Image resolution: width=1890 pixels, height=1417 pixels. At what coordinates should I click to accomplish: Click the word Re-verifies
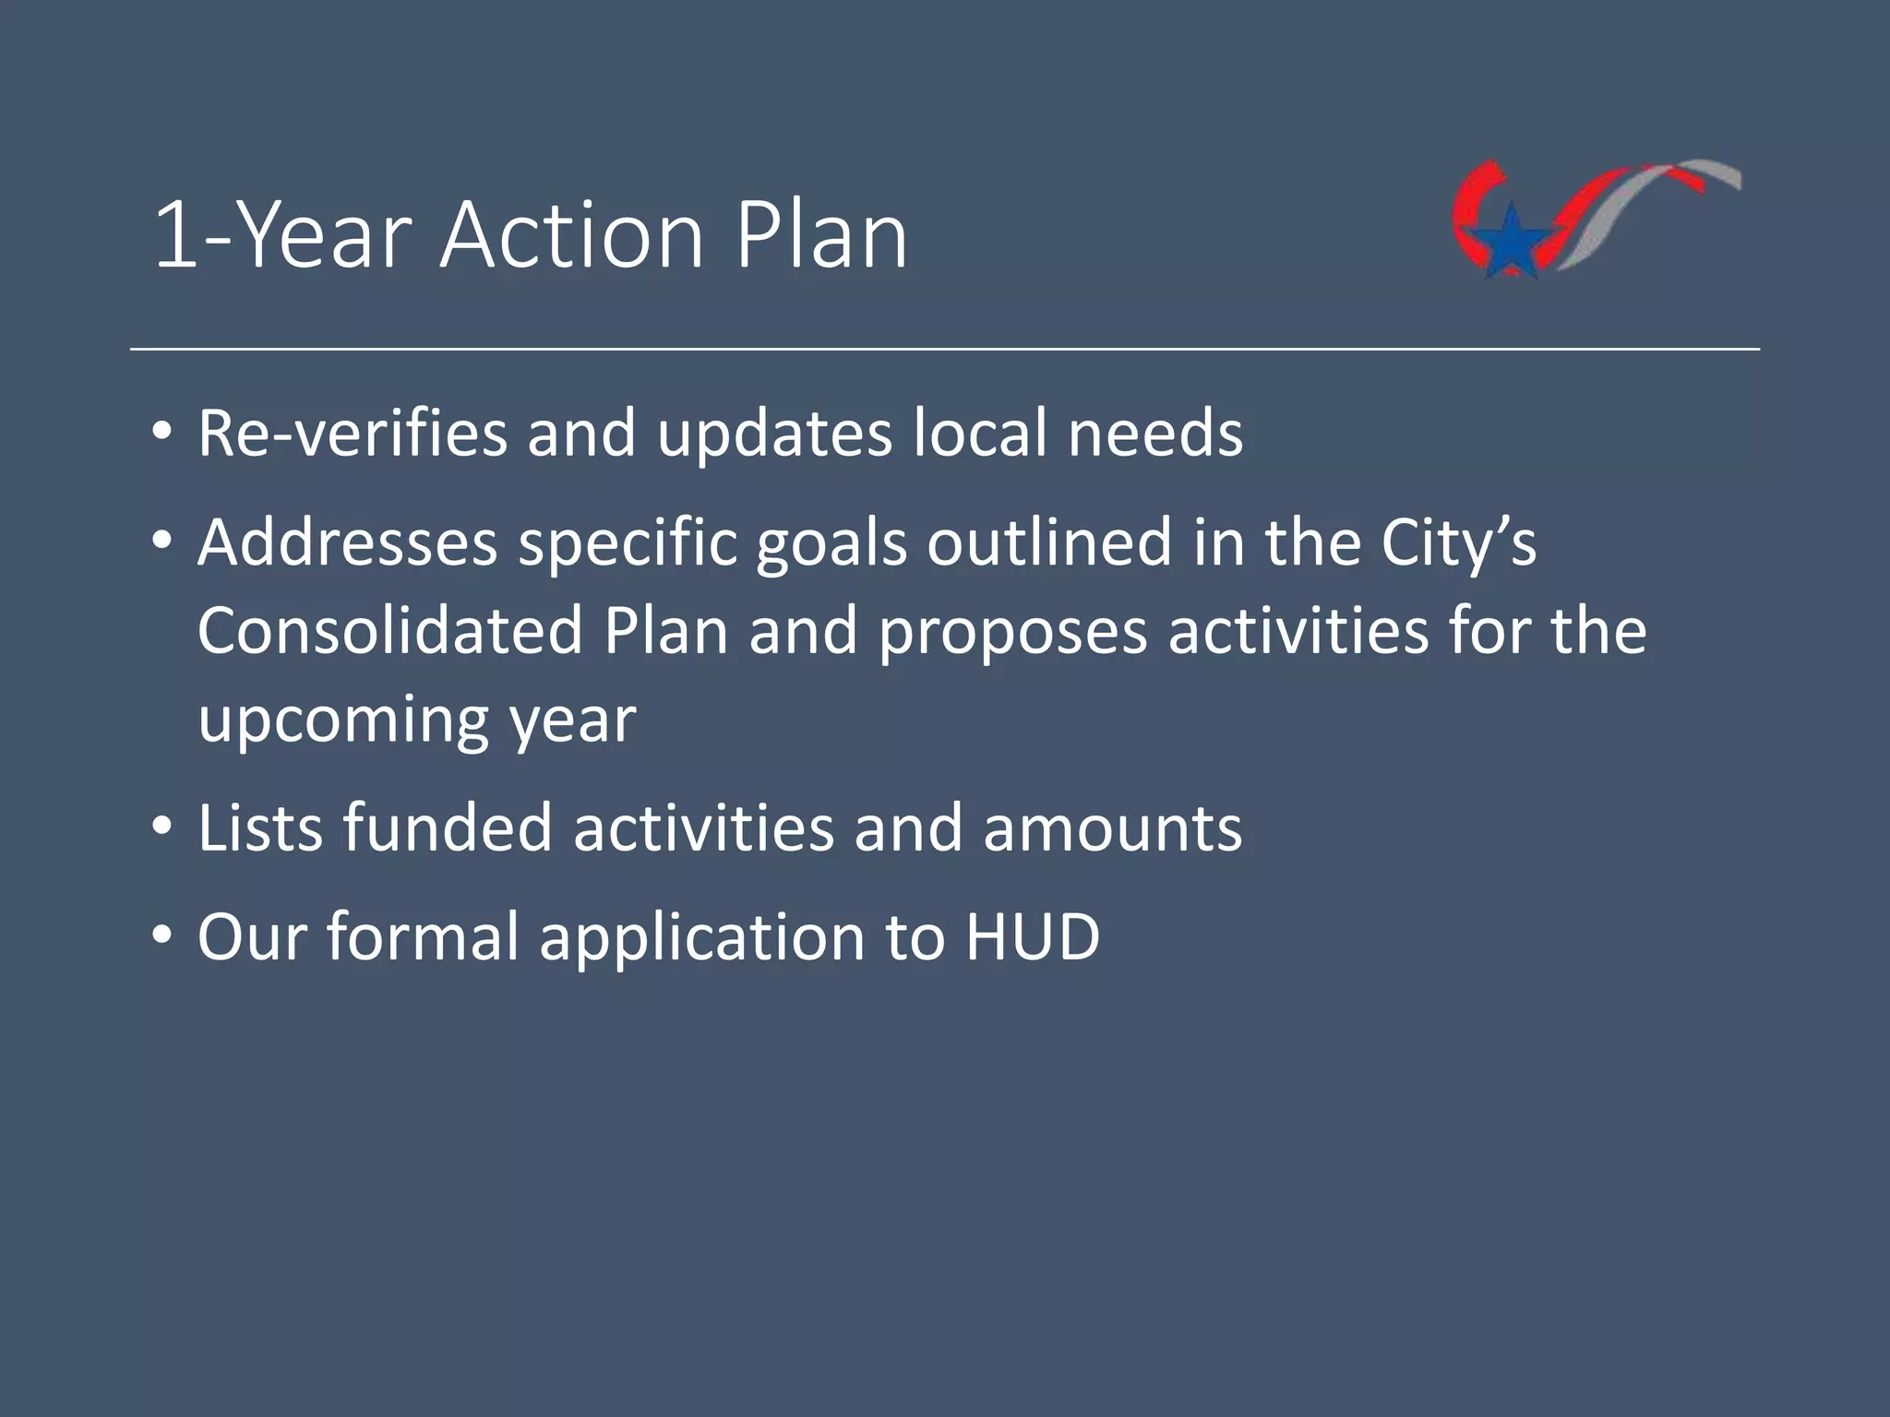[x=352, y=433]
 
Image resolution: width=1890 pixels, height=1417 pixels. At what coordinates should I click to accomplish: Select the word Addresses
[x=347, y=542]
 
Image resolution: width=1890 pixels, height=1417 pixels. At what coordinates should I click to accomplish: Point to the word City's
[x=1458, y=544]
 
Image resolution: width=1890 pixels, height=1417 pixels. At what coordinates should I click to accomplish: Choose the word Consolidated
[x=389, y=631]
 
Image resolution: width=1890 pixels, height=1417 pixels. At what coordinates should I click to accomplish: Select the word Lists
[x=260, y=828]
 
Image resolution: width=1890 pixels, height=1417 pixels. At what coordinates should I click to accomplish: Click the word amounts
[x=1112, y=829]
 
